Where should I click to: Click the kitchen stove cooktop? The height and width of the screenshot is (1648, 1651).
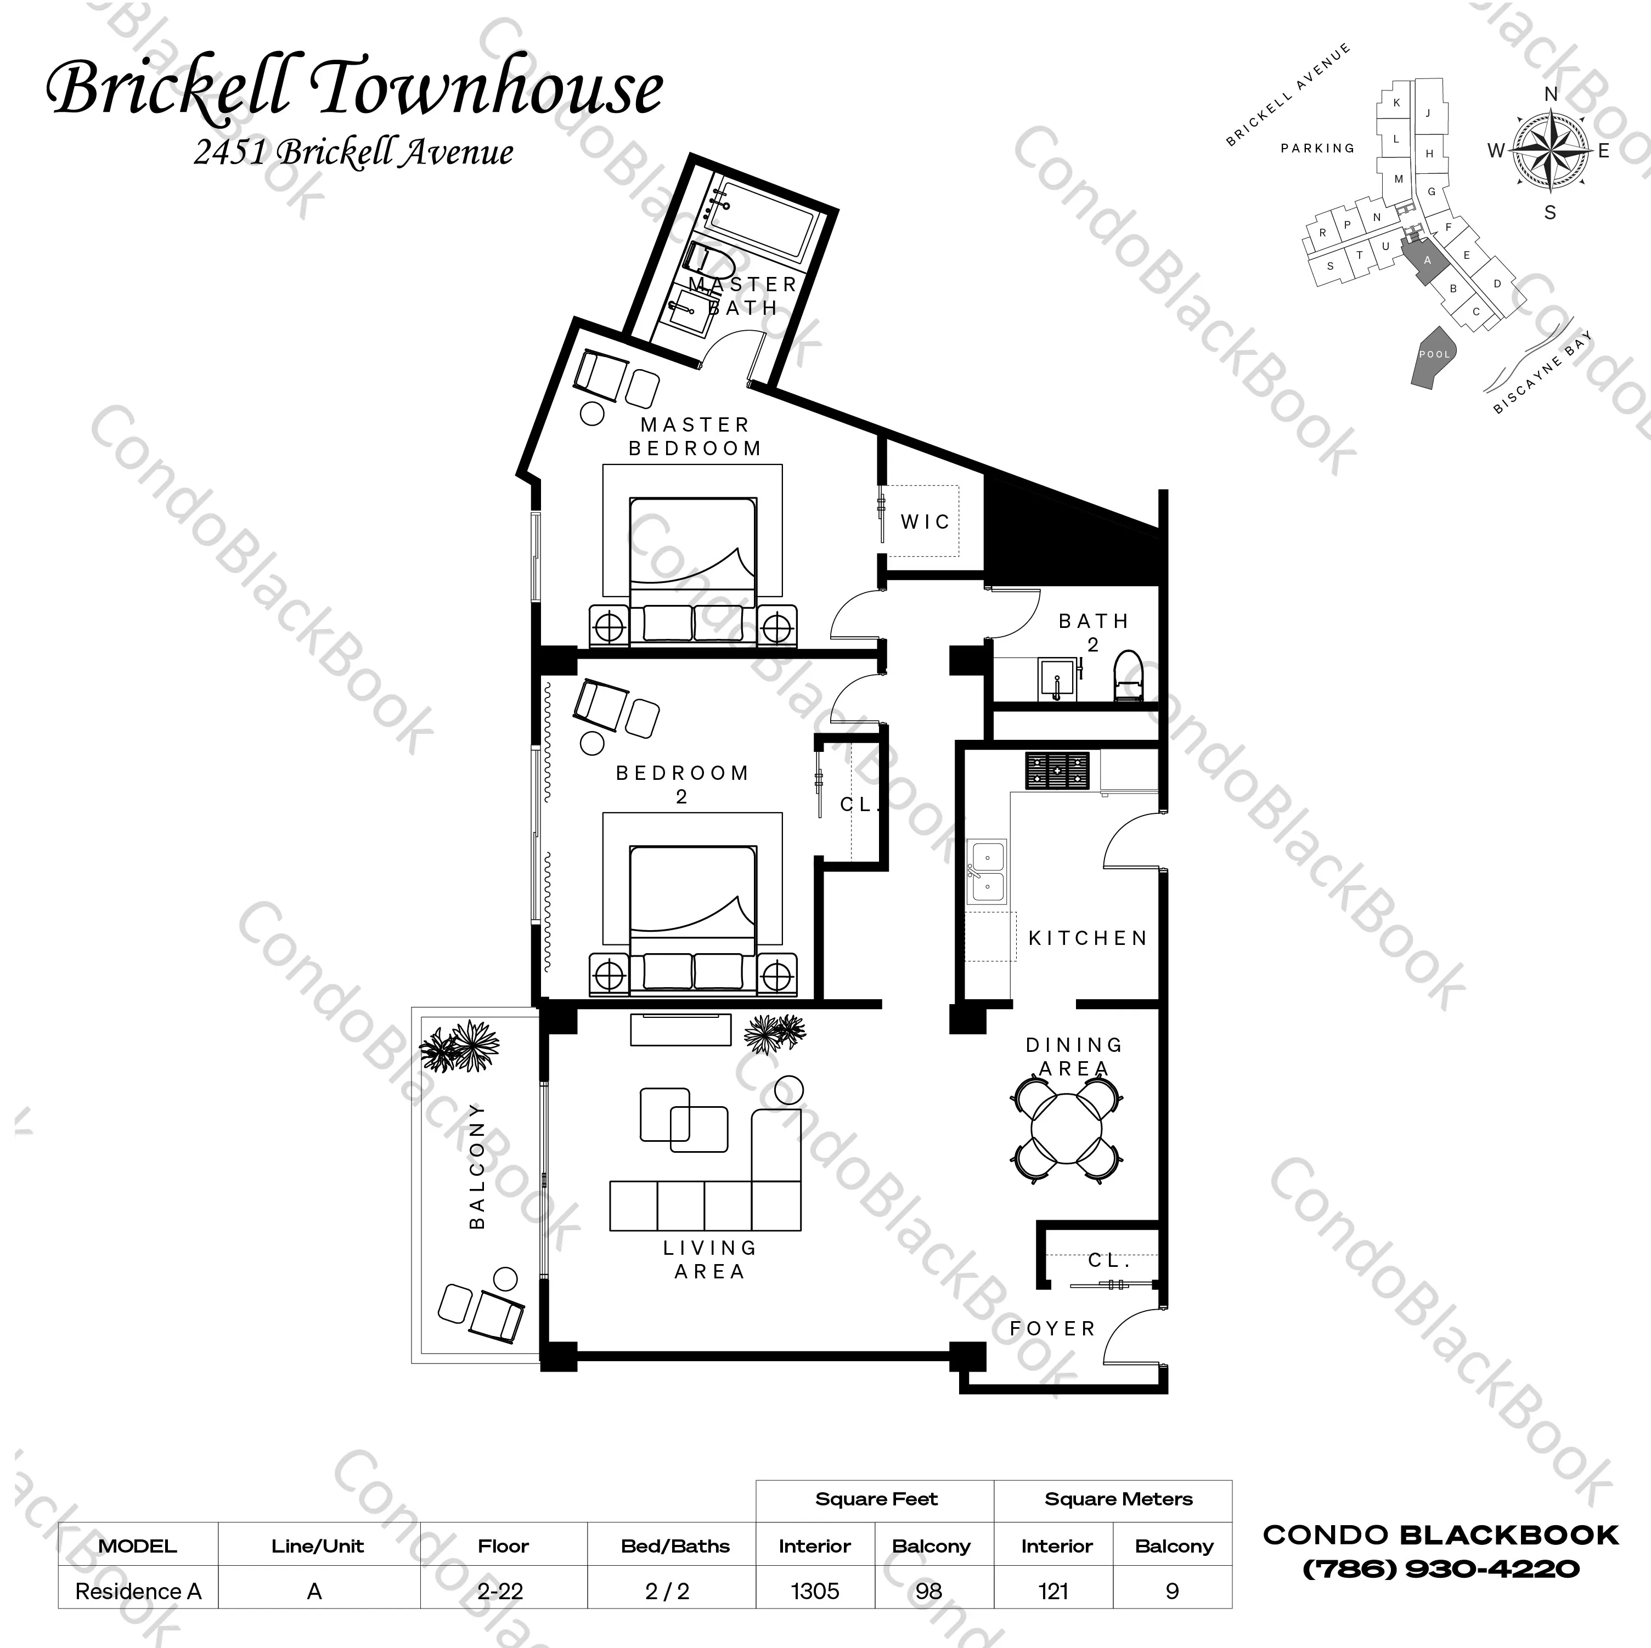pos(1057,770)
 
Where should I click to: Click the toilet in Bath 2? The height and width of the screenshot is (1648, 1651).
pos(1128,677)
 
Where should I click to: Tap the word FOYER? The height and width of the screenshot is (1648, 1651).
pos(1052,1328)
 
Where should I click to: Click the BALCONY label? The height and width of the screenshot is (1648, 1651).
pos(477,1166)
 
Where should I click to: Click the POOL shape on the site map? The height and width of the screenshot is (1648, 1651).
pos(1435,356)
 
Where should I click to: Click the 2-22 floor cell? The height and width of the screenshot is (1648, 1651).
pos(501,1591)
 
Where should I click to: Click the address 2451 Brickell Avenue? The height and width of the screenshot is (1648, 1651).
pos(353,152)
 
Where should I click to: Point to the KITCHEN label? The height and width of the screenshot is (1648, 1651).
pos(1087,938)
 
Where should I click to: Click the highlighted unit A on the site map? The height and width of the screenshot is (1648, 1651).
pos(1425,260)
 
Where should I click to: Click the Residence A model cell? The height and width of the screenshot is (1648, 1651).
pos(138,1591)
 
